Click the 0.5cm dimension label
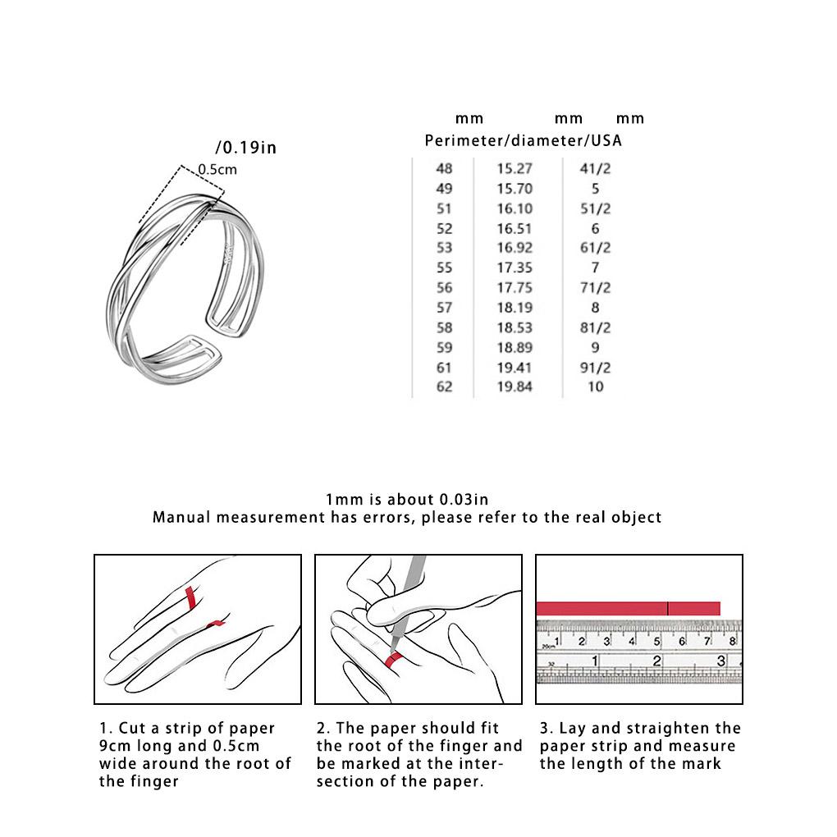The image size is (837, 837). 217,170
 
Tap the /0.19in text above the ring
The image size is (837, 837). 245,148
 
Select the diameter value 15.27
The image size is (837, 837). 515,169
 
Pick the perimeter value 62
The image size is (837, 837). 444,386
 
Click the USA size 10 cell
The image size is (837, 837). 596,386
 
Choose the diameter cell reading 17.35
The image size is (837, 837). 515,268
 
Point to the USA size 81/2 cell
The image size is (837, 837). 596,327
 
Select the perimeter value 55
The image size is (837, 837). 444,268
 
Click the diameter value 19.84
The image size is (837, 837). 515,386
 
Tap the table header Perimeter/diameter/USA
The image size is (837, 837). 523,140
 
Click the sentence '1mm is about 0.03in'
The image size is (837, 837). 407,499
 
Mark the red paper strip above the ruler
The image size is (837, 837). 628,608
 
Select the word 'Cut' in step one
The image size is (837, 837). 133,729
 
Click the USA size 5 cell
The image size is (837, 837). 596,189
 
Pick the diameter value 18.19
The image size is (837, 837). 515,308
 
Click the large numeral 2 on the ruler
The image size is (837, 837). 656,661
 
